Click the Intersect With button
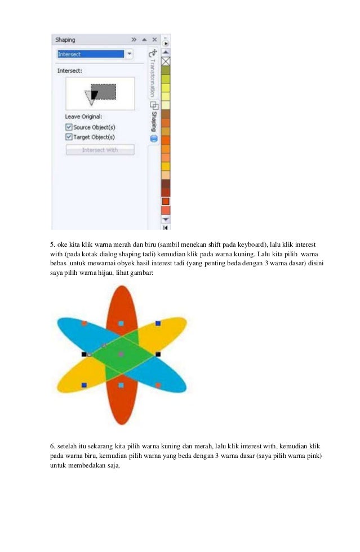pos(100,150)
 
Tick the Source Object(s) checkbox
pos(69,127)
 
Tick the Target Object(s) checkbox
pos(69,136)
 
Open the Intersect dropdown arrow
pos(130,54)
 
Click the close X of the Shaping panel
pos(154,40)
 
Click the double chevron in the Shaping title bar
pos(134,40)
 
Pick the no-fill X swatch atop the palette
pos(166,61)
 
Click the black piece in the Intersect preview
pos(95,94)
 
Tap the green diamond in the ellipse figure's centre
pos(121,354)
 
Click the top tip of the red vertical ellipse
pos(121,287)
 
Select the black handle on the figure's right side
pos(158,354)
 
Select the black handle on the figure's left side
pos(84,354)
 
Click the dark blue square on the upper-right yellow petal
pos(158,323)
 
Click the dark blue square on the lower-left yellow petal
pos(84,385)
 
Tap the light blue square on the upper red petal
pos(121,323)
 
